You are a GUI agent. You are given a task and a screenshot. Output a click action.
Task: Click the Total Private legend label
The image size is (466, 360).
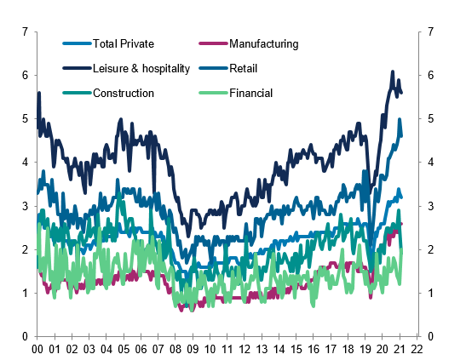tap(124, 44)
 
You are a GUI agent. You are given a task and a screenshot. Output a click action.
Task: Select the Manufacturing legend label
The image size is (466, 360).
tap(263, 44)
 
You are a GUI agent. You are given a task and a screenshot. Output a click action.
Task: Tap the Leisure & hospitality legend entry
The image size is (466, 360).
tap(137, 68)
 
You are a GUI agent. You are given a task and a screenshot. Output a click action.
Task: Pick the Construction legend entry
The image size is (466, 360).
tap(124, 92)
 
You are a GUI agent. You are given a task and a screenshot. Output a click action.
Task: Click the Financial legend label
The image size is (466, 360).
tap(250, 92)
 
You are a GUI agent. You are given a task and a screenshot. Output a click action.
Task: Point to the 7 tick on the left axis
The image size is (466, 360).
tap(26, 31)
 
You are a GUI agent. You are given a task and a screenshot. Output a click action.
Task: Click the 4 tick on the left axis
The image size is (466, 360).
tap(26, 163)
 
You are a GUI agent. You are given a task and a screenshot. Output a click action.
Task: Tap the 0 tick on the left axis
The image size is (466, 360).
tap(26, 337)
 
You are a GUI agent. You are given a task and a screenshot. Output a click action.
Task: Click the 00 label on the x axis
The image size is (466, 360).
tap(37, 349)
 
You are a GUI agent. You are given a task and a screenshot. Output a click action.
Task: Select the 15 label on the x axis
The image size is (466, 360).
tap(296, 349)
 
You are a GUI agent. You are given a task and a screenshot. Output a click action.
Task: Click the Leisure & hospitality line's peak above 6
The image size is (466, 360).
tap(392, 72)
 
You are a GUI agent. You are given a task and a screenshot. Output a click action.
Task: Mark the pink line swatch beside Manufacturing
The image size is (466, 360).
tap(212, 44)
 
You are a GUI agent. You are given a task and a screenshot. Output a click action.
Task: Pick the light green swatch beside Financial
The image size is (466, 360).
tap(212, 92)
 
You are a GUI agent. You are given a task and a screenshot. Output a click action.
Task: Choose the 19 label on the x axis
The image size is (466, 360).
tap(365, 349)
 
